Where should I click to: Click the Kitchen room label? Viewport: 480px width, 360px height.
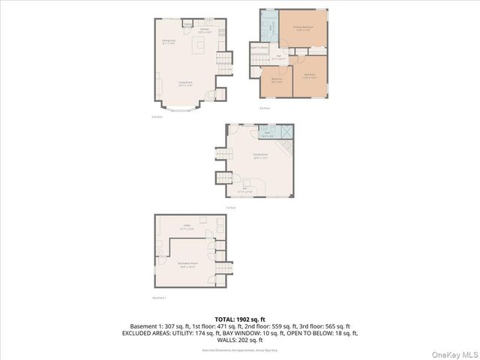point(203,31)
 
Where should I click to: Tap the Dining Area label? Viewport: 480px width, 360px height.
point(169,42)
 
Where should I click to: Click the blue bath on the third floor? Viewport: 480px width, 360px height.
point(269,31)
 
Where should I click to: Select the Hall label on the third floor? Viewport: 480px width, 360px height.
point(277,57)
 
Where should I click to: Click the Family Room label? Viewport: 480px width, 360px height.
point(260,156)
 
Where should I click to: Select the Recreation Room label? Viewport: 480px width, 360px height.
point(187,265)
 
